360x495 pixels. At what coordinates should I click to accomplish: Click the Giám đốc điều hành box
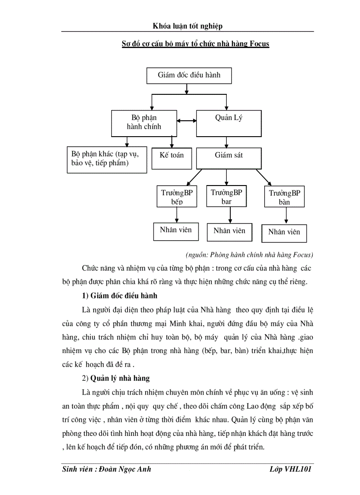(x=189, y=75)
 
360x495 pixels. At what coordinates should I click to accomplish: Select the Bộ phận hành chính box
(x=144, y=123)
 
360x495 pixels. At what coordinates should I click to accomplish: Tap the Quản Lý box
(x=229, y=123)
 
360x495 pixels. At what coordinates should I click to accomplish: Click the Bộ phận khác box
(x=106, y=160)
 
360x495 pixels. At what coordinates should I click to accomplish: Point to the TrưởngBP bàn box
(x=285, y=197)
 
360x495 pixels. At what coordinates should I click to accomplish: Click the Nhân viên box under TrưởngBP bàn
(x=284, y=232)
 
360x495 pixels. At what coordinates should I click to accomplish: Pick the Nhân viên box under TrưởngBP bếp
(x=176, y=231)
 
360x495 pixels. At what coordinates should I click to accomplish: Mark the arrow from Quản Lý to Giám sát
(x=227, y=142)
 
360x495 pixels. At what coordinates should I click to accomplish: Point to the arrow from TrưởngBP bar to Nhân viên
(x=230, y=215)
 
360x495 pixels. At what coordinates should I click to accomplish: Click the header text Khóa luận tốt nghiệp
(x=187, y=26)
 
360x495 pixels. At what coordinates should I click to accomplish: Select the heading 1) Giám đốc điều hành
(x=120, y=296)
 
